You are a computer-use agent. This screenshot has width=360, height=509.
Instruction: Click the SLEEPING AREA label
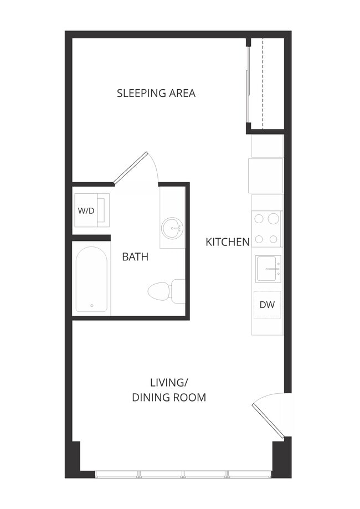pos(156,93)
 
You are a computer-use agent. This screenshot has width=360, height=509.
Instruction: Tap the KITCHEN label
pos(227,241)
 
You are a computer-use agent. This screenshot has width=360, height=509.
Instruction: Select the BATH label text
pos(135,257)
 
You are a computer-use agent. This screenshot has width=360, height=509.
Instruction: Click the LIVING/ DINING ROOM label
pos(168,390)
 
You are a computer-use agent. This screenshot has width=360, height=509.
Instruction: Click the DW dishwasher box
pos(268,305)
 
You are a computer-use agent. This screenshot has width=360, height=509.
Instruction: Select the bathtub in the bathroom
pos(91,280)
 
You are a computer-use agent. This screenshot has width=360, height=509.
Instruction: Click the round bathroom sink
pos(172,228)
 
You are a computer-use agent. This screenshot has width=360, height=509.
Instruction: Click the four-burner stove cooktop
pos(266,229)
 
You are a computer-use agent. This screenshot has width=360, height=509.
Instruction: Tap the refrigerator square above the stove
pos(266,176)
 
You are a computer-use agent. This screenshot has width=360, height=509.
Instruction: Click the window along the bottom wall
pos(183,474)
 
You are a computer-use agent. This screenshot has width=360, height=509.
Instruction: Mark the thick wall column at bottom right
pos(281,457)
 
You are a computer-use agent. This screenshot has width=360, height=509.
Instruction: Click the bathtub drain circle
pos(91,305)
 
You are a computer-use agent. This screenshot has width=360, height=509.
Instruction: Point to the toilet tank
pos(179,291)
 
